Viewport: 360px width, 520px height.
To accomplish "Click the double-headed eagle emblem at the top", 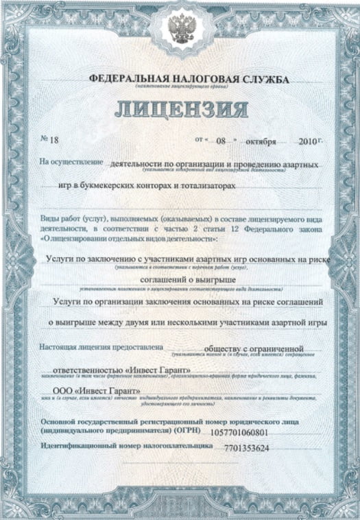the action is [180, 27].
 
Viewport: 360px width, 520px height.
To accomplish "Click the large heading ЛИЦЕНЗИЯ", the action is [180, 109].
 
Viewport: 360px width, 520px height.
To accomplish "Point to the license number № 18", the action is [51, 140].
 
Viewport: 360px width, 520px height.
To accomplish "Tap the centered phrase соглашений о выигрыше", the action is [189, 281].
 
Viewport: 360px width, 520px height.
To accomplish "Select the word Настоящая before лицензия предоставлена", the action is [61, 346].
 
